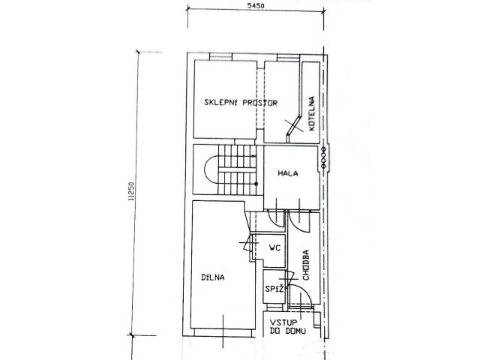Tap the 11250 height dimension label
(131, 192)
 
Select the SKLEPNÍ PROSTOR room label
(241, 103)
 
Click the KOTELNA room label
(312, 113)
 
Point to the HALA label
(288, 173)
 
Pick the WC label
(274, 247)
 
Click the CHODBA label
(306, 265)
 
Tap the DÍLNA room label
(213, 277)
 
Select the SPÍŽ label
(274, 288)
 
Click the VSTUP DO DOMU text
(287, 327)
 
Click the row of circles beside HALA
(322, 157)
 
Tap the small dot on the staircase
(256, 184)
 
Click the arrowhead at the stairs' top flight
(254, 157)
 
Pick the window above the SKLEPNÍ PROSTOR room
(221, 57)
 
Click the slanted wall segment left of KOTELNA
(293, 124)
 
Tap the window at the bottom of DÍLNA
(224, 333)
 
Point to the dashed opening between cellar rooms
(260, 98)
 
